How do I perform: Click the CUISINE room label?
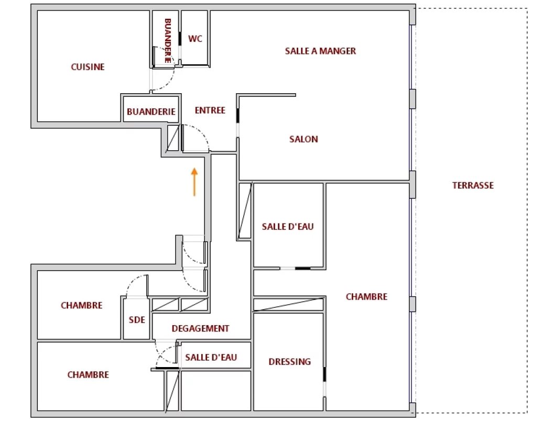tap(88, 67)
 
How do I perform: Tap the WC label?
tap(195, 39)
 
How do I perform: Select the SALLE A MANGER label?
tap(320, 51)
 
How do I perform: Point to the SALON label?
tap(304, 139)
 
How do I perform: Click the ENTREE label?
tap(210, 110)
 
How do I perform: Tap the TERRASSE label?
tap(473, 185)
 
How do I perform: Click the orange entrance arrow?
tap(194, 182)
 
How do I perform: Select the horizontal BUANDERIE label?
tap(151, 112)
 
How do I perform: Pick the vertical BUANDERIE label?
tap(168, 41)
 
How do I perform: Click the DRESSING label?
tap(290, 362)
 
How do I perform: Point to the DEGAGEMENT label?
tap(200, 328)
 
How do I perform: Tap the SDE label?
tap(137, 320)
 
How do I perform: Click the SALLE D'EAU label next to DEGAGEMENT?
tap(211, 357)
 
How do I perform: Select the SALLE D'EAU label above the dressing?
tap(288, 227)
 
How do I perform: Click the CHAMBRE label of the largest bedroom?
tap(366, 297)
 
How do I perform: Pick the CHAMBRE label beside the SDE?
tap(81, 305)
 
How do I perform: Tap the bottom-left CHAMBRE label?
tap(88, 375)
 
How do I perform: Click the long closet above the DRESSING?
tap(288, 305)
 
